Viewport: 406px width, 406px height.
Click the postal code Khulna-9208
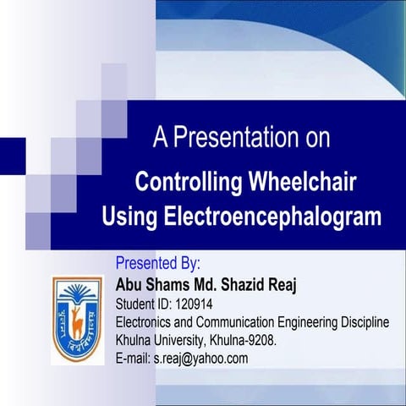point(252,340)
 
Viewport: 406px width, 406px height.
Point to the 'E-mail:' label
point(132,358)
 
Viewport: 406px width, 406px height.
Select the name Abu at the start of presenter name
point(129,283)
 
